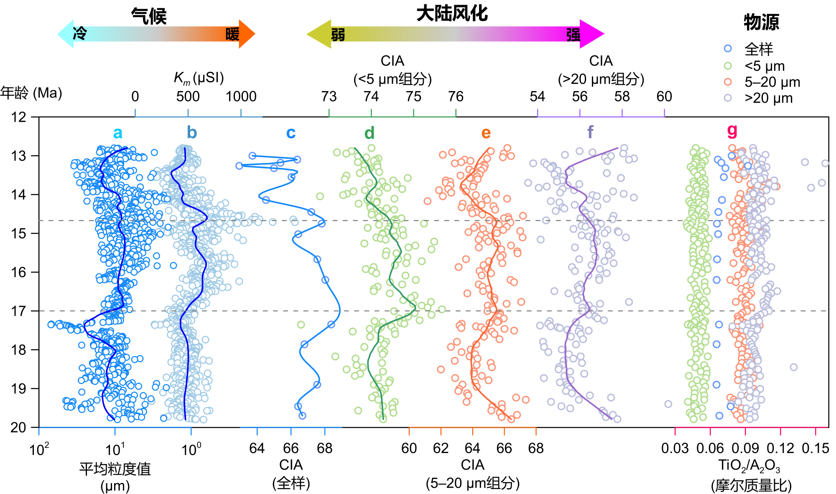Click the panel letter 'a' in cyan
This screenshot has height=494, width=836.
(117, 133)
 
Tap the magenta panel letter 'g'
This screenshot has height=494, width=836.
(732, 131)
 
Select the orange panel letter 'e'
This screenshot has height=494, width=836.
(486, 133)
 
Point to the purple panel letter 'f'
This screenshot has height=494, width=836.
(590, 132)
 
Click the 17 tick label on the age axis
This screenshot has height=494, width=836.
(18, 311)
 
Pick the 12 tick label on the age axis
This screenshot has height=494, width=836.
(18, 117)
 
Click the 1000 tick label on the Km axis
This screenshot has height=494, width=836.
(241, 97)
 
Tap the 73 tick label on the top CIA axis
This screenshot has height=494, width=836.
(329, 97)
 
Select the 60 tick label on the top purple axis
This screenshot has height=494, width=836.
(664, 97)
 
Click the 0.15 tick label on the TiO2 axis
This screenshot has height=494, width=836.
(815, 448)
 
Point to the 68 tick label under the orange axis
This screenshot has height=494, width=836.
(536, 448)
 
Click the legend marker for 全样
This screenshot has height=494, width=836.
(728, 48)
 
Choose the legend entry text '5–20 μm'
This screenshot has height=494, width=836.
(772, 82)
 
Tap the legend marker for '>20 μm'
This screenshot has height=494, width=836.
(728, 98)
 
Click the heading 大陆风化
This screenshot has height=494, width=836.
(452, 14)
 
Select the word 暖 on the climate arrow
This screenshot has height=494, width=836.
(232, 34)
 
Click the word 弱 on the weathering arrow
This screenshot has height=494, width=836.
(338, 35)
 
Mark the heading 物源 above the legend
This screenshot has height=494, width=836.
(761, 22)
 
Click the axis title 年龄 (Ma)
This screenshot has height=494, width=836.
(31, 93)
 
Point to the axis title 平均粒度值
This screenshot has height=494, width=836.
(115, 469)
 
